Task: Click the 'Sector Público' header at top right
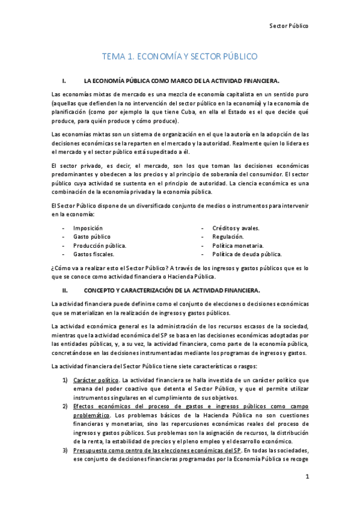coord(288,26)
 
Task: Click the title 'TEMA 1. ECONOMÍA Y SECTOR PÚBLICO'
coord(180,57)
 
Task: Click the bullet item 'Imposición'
coord(88,229)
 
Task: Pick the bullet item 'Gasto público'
coord(91,237)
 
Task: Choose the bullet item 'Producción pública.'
coord(99,245)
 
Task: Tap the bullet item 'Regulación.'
coord(228,237)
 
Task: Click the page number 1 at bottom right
coord(306,478)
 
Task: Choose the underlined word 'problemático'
coord(91,415)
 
